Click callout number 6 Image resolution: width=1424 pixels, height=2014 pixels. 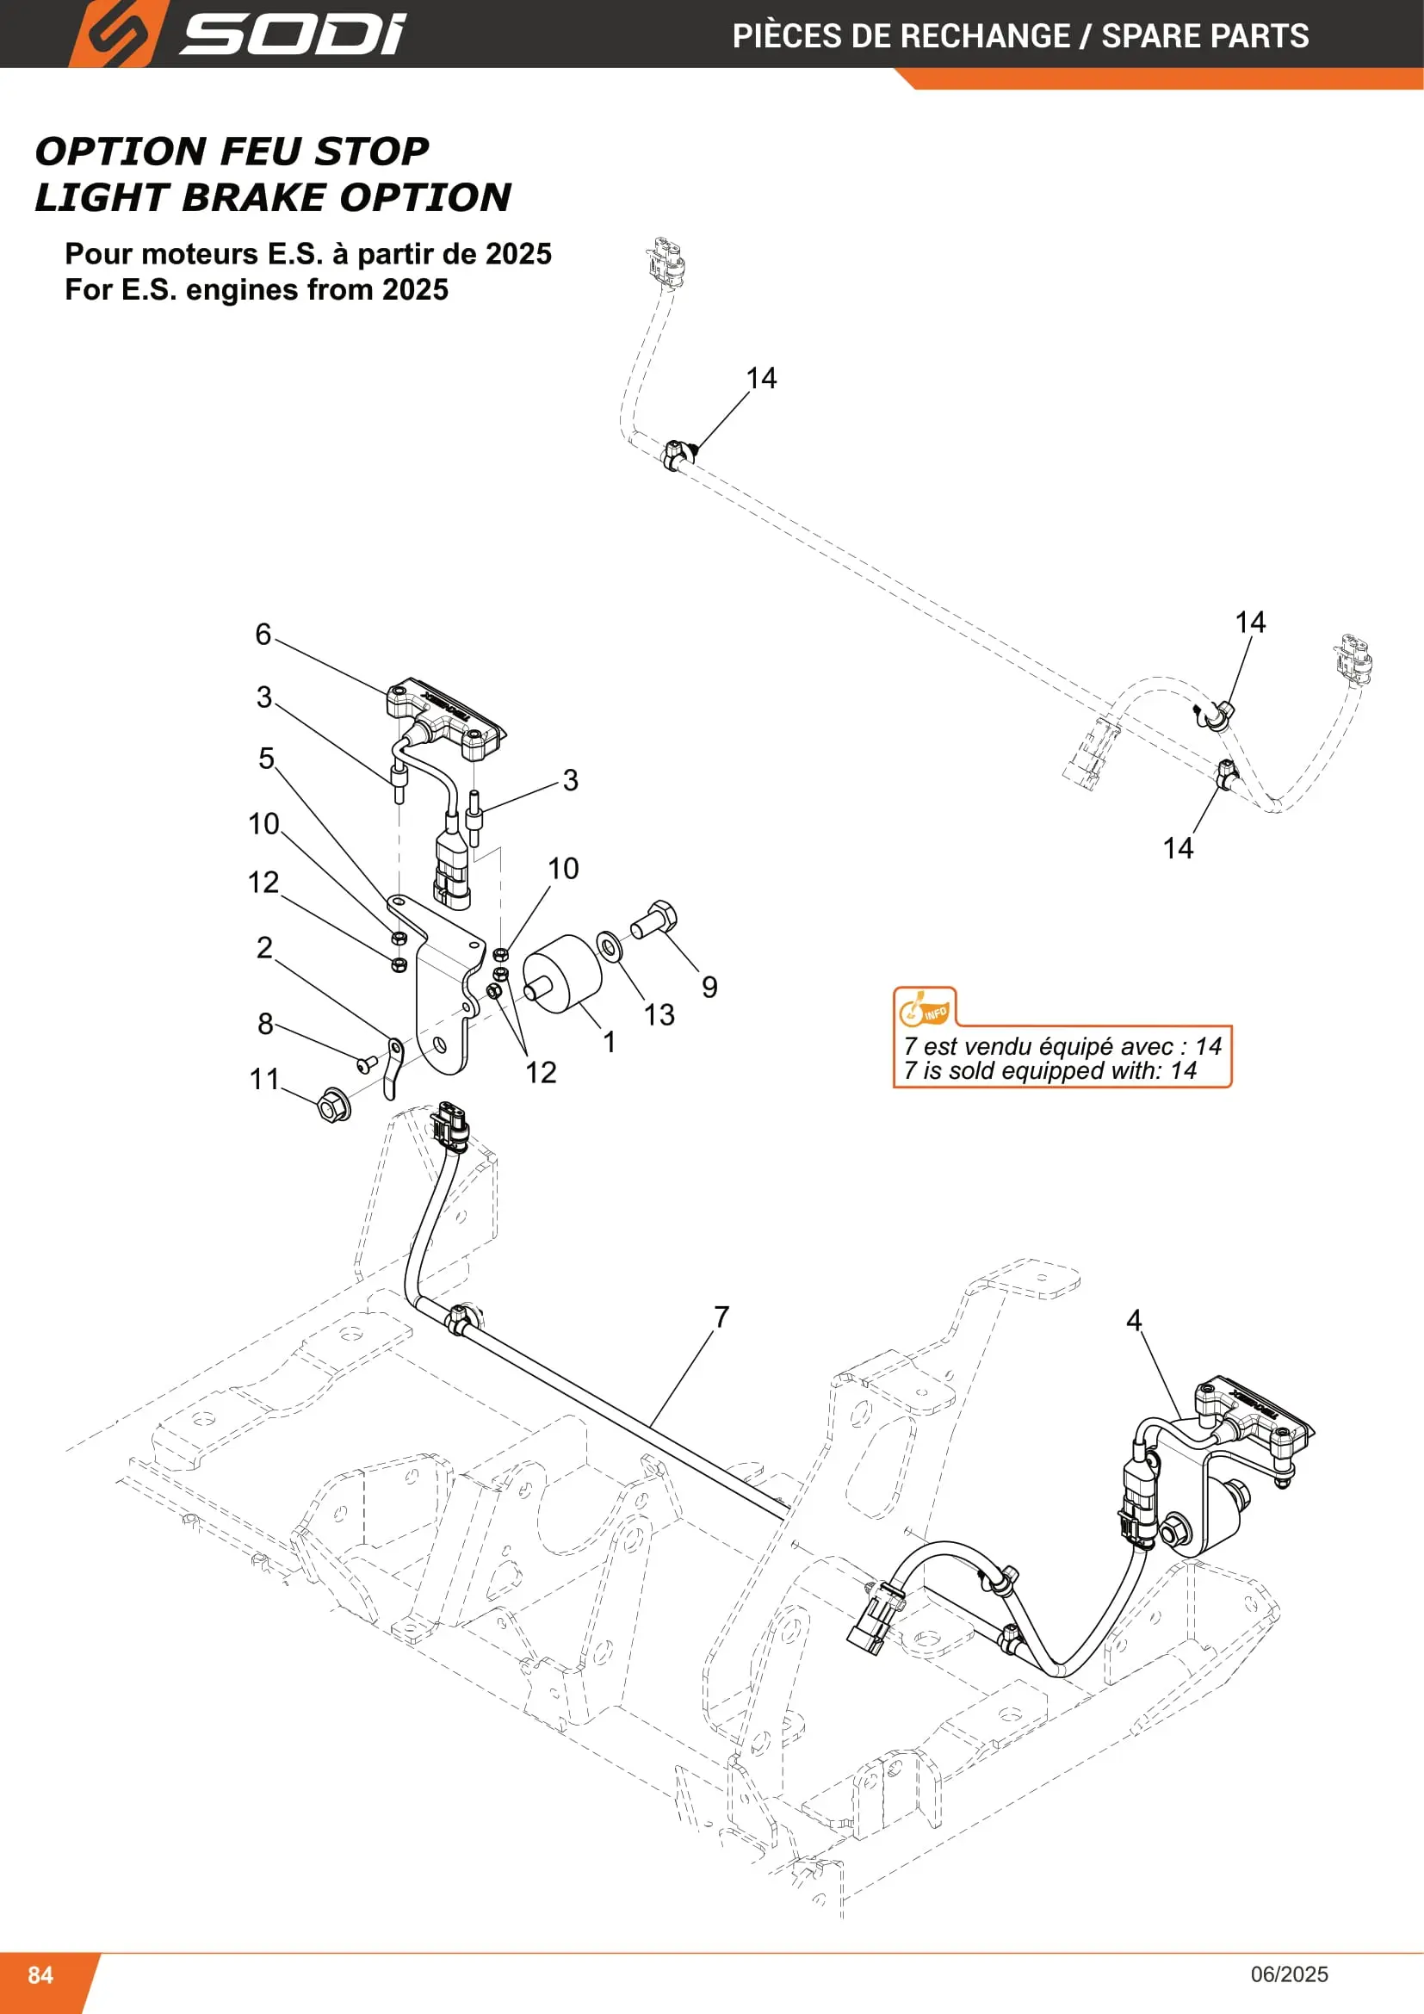pos(263,635)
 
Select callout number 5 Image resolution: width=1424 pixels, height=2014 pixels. pos(267,758)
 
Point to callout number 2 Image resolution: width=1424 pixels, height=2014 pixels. pos(265,947)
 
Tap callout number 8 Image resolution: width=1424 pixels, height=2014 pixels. pos(266,1024)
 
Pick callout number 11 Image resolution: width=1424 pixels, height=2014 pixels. pos(264,1079)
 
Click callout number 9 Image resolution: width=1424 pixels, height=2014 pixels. pos(709,987)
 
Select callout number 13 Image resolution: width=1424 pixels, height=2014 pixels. pos(659,1015)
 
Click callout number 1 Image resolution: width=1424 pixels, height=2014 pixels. pos(610,1042)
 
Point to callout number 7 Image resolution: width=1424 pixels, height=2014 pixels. pos(721,1317)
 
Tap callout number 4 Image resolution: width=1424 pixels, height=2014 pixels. pos(1134,1320)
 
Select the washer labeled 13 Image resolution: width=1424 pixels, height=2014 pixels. pos(609,945)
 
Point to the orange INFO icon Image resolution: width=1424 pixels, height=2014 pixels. pos(924,1007)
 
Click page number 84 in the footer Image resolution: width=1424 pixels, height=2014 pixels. pos(40,1974)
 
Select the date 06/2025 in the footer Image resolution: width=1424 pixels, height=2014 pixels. pos(1289,1974)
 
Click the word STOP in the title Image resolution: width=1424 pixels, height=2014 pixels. pos(372,152)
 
